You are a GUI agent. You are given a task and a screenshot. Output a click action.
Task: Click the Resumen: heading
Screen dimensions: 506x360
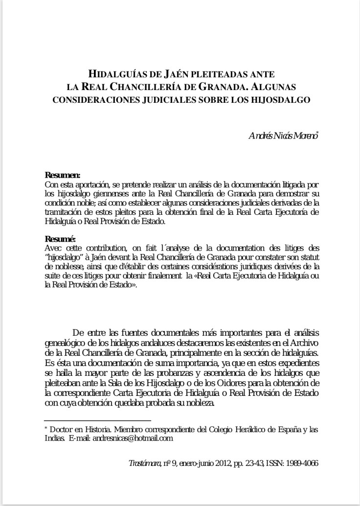(63, 175)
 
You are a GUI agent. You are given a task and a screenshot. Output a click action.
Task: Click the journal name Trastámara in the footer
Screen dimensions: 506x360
(144, 462)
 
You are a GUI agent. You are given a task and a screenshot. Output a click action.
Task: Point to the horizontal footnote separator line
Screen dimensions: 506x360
(97, 420)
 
